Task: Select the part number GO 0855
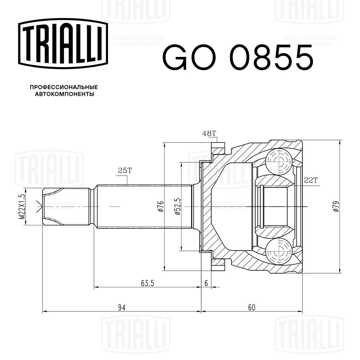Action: coord(238,57)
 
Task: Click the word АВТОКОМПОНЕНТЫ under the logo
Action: coord(64,94)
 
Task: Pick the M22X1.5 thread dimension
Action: coord(21,207)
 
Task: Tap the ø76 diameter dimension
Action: coord(161,207)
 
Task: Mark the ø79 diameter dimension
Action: coord(336,207)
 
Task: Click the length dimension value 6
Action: coord(206,283)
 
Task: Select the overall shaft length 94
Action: coord(122,307)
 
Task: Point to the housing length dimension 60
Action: coord(252,307)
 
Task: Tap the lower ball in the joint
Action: coord(279,252)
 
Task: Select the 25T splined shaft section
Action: coord(144,207)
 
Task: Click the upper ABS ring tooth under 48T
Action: coord(218,148)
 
